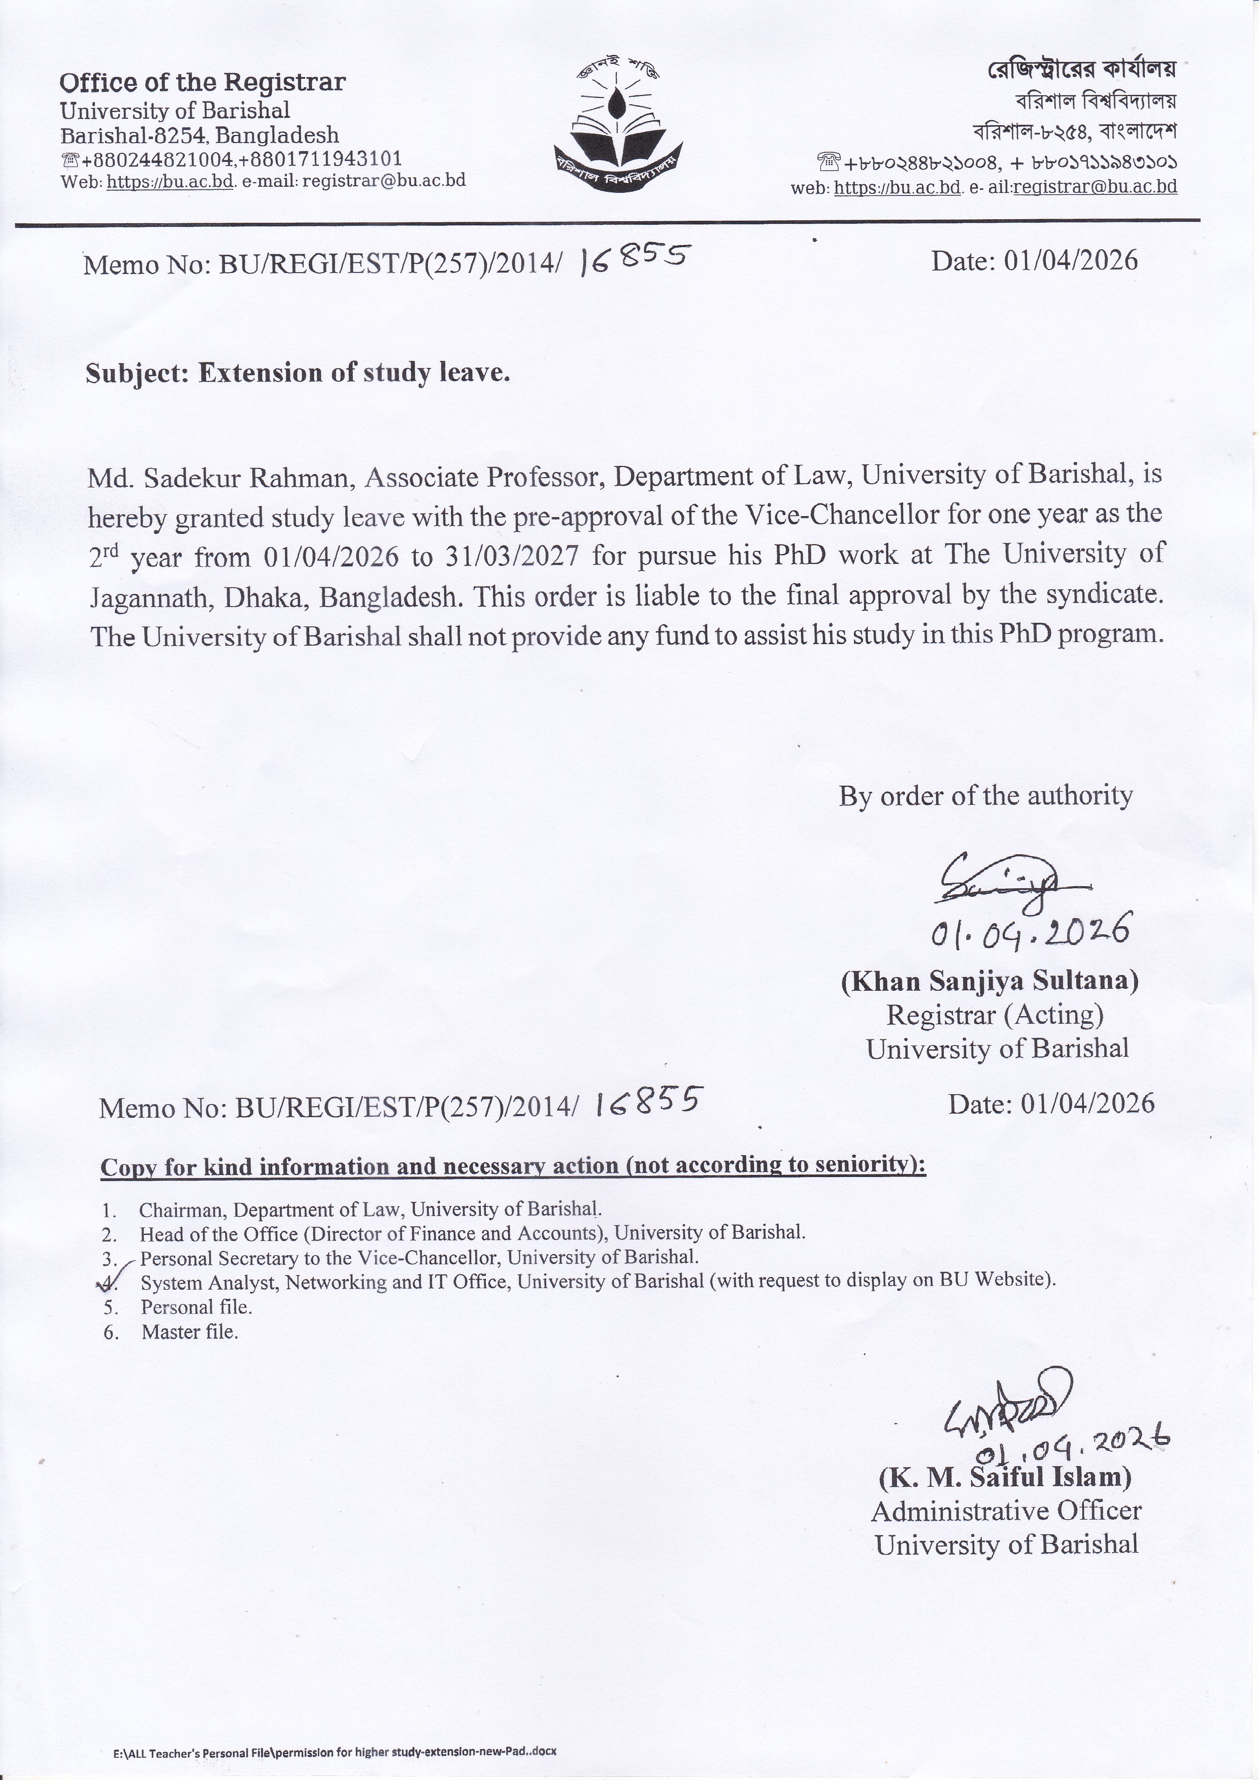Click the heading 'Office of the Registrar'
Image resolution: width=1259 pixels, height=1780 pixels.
pos(203,82)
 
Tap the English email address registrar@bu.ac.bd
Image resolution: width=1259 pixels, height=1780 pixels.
pos(384,181)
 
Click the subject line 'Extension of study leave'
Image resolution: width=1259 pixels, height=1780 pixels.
pos(297,373)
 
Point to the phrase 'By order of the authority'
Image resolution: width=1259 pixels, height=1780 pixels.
pos(985,795)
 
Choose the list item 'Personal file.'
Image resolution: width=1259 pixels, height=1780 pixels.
pos(196,1307)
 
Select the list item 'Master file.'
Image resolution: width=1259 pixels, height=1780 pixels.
pos(189,1332)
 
